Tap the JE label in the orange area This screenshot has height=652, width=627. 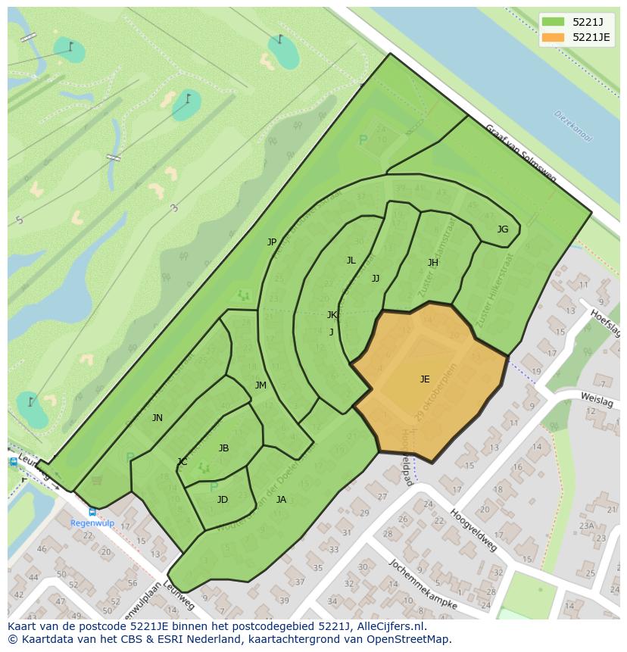point(425,379)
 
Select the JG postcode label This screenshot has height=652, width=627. point(503,229)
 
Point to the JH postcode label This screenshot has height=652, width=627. point(432,263)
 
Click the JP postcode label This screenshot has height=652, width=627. point(272,242)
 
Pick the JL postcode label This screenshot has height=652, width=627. point(351,260)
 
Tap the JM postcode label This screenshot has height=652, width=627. point(260,385)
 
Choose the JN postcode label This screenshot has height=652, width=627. point(157,418)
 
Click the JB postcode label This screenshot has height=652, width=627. point(223,448)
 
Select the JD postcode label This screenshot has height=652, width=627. point(223,500)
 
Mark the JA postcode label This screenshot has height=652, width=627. point(281,500)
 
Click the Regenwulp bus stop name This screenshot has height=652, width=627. point(92,523)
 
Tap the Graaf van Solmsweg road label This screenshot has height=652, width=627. point(520,154)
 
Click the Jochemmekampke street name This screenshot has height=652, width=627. point(423,584)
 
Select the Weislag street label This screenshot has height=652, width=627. point(596,399)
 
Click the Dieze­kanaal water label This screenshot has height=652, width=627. point(573,126)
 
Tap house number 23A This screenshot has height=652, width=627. point(586,526)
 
